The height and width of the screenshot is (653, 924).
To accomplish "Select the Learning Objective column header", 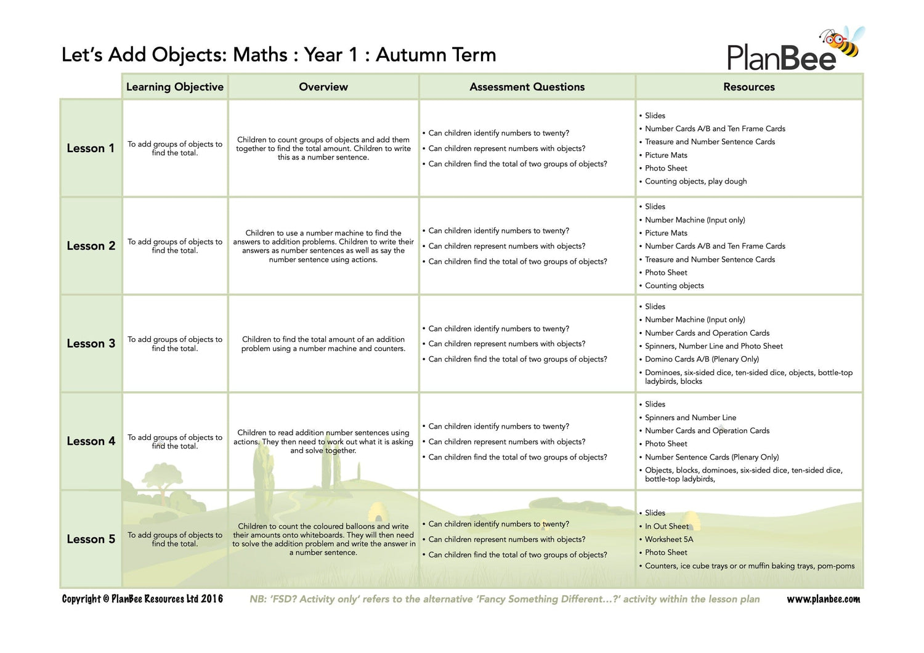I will click(175, 87).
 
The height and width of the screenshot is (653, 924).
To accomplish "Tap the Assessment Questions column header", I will click(527, 87).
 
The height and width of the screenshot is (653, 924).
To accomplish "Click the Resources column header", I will click(748, 87).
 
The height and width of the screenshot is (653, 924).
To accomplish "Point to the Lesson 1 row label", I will click(91, 148).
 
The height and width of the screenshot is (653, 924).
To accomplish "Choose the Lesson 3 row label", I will click(91, 344).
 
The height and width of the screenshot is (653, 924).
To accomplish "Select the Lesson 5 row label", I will click(91, 539).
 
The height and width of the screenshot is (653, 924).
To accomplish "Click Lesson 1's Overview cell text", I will click(323, 148).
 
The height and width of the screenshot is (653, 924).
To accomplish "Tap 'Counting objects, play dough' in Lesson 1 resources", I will click(695, 181).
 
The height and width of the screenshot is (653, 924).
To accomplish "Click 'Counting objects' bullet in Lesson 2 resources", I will click(674, 286).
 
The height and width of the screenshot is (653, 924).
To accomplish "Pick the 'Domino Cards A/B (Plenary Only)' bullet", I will click(702, 359).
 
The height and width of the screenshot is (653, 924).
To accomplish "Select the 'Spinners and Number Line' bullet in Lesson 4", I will click(691, 418).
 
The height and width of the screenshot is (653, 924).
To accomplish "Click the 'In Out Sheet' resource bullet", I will click(667, 526).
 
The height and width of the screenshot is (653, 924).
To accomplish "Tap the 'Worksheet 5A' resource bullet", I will click(669, 540).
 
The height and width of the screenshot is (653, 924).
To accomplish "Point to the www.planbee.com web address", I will click(823, 599).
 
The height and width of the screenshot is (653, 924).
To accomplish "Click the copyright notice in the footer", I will click(142, 599).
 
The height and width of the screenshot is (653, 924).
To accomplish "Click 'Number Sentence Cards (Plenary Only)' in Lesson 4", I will click(711, 457).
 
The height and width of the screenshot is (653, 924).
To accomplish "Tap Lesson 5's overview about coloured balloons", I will click(323, 539).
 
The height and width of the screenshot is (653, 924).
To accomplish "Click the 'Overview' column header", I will click(323, 87).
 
